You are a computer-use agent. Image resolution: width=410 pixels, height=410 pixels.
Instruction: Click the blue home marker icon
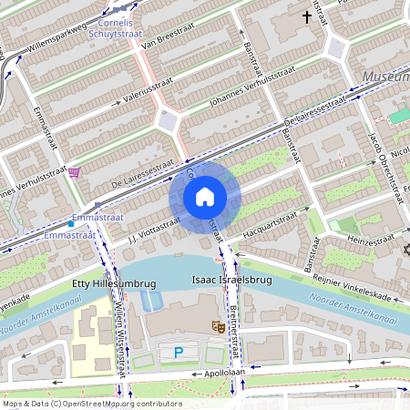[x=205, y=197]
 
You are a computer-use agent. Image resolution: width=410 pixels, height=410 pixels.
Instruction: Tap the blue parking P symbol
[x=179, y=352]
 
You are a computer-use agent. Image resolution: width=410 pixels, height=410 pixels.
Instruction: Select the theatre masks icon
[x=219, y=326]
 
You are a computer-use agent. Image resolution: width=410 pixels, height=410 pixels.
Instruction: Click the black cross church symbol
[x=307, y=16]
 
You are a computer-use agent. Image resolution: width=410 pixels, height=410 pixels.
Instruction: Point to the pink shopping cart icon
[x=74, y=170]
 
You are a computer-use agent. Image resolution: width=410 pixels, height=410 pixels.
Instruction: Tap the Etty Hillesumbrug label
[x=114, y=284]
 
